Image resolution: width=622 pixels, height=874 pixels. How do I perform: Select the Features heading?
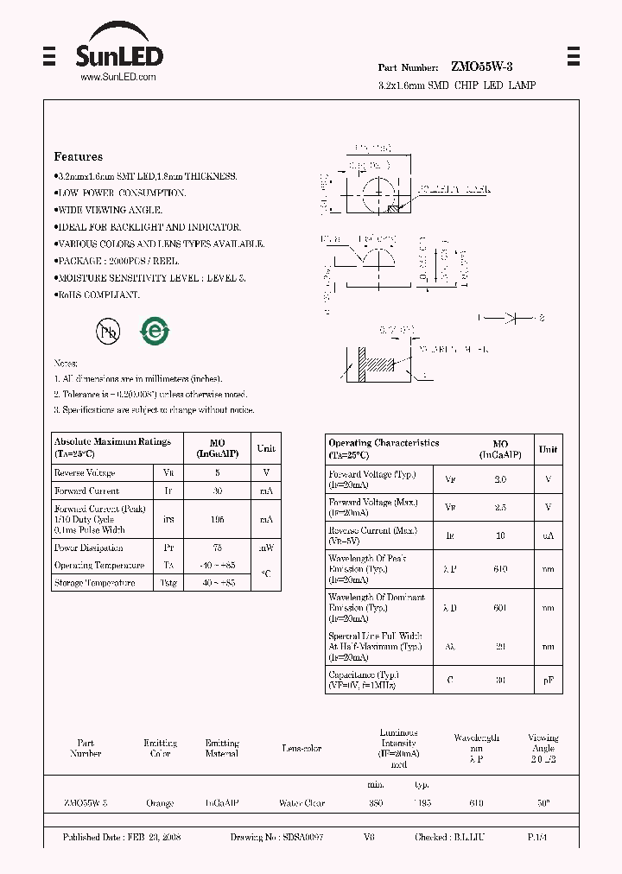(x=79, y=156)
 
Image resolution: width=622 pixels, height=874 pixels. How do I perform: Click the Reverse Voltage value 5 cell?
(x=218, y=472)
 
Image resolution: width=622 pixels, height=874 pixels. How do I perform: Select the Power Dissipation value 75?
(x=218, y=548)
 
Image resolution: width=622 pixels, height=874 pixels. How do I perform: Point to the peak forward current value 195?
(x=218, y=519)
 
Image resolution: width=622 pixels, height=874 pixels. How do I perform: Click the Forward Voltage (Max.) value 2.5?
(x=500, y=508)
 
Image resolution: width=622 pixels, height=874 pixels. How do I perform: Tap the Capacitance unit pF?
(x=548, y=680)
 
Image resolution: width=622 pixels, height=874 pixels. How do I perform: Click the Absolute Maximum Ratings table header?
(x=113, y=446)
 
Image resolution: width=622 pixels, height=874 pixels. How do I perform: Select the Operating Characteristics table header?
(x=384, y=447)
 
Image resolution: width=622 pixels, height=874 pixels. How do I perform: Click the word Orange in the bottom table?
(x=160, y=803)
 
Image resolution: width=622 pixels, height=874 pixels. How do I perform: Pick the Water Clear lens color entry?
(x=301, y=803)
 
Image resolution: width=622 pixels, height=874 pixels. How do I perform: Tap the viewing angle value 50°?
(x=543, y=803)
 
